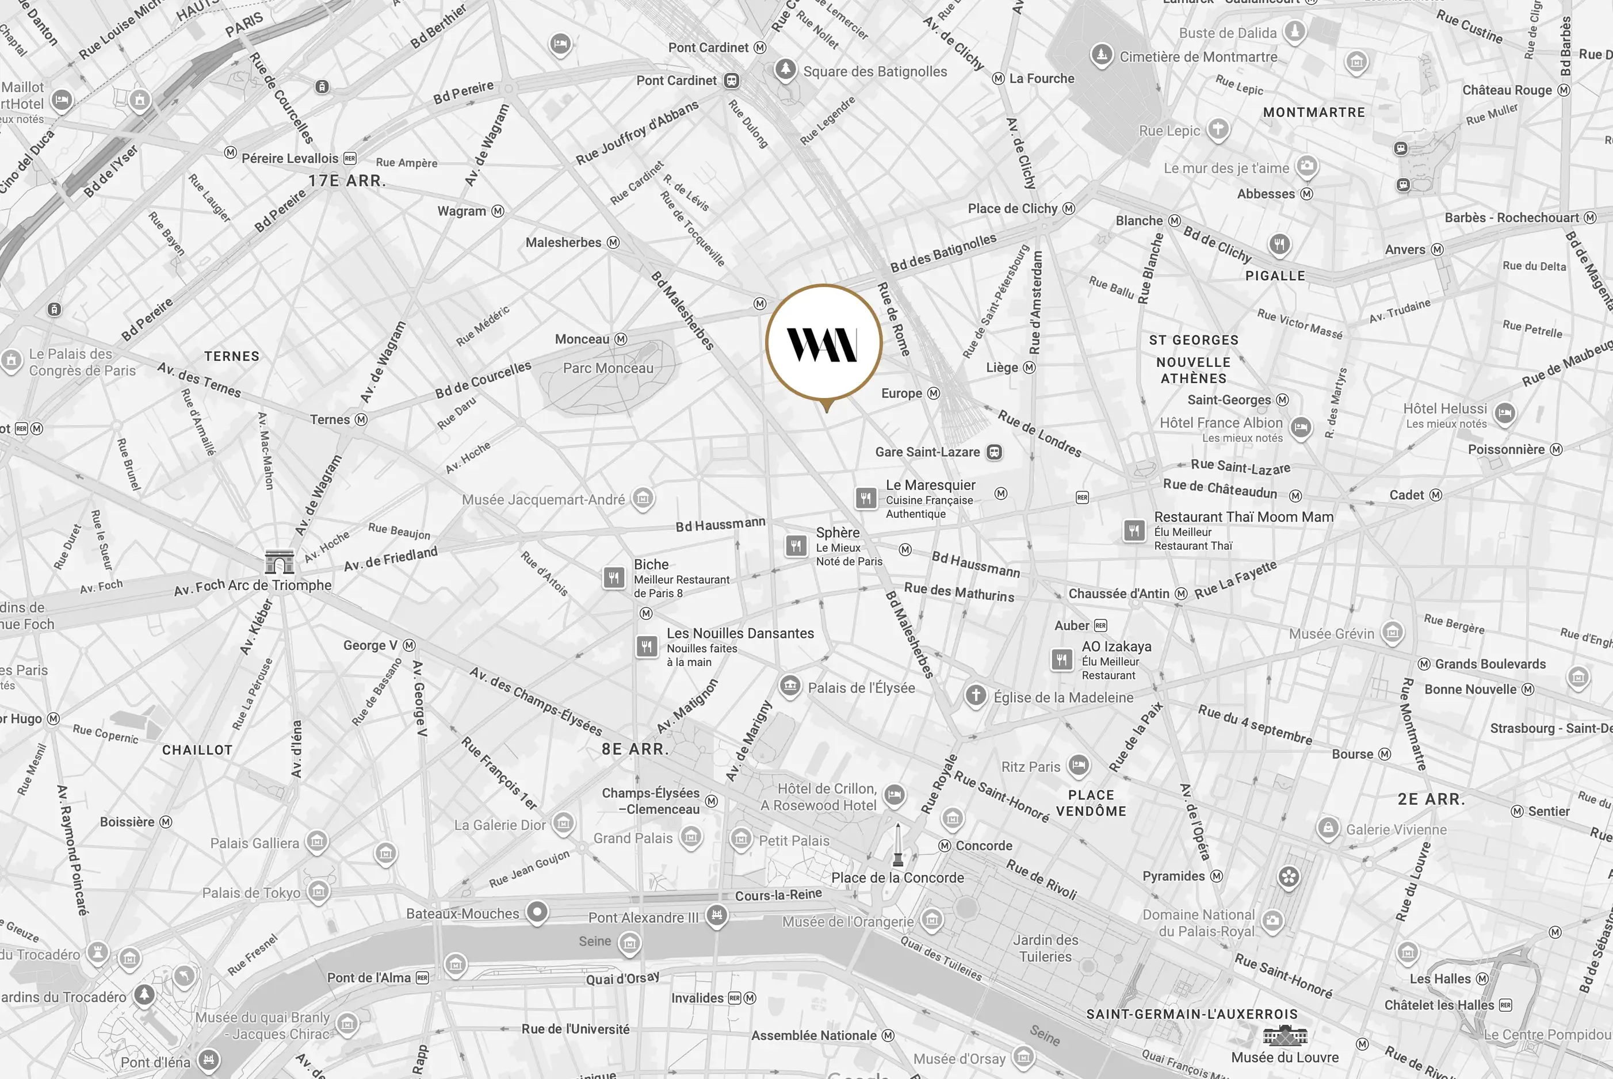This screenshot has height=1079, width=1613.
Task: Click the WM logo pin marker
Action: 824,343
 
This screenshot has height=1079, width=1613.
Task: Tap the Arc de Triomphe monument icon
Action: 280,561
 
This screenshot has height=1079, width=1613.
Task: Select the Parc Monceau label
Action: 607,368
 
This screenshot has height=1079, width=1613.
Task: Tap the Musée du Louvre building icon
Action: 1284,1035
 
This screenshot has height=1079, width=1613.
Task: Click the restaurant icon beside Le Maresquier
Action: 866,498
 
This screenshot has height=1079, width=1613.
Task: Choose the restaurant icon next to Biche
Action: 613,577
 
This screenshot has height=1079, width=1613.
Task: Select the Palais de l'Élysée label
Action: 861,688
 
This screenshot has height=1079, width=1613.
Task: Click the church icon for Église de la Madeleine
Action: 975,695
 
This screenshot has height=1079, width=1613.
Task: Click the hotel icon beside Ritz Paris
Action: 1079,764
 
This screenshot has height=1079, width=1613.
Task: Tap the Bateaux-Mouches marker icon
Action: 537,912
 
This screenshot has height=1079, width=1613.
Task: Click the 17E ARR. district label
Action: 346,181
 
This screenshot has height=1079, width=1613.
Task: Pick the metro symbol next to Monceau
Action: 621,339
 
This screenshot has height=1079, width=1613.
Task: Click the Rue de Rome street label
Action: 893,319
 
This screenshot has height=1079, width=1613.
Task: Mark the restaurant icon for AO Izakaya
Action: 1062,659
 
